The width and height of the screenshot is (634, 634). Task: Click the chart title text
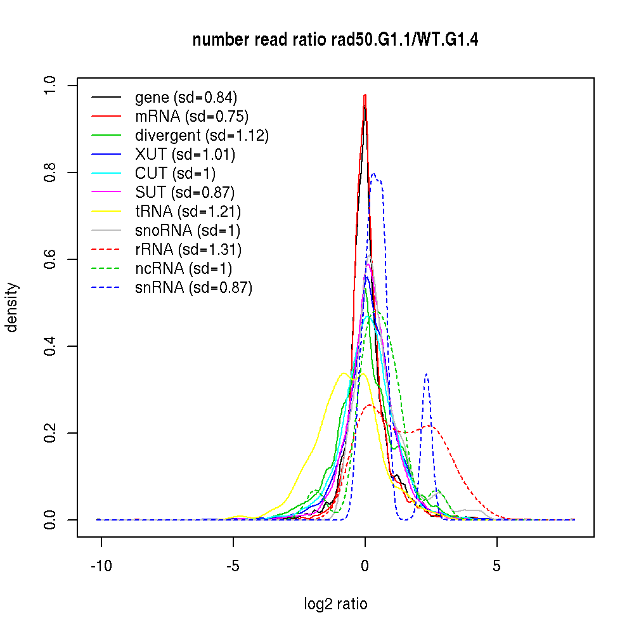point(335,41)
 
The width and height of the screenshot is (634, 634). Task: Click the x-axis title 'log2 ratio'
point(335,604)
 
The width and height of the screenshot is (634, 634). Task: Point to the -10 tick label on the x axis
point(101,566)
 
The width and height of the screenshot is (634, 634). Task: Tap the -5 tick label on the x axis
point(233,566)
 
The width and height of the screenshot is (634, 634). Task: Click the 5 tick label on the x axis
point(496,566)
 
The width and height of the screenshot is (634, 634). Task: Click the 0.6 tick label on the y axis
point(49,259)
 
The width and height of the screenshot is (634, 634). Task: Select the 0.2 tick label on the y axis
point(49,433)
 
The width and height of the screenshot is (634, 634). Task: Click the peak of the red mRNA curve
point(365,95)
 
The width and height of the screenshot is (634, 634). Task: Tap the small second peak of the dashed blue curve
point(427,374)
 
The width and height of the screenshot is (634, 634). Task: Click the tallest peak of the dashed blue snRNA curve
point(373,174)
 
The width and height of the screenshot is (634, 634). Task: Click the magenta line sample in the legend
point(106,193)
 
